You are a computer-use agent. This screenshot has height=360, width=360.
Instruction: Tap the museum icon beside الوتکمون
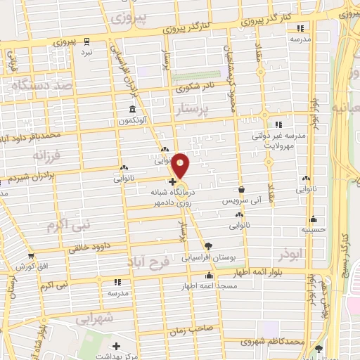click(x=133, y=109)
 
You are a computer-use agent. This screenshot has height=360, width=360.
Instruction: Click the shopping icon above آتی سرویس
click(x=242, y=189)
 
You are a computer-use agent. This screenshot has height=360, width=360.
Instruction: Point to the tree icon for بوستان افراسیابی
click(x=208, y=245)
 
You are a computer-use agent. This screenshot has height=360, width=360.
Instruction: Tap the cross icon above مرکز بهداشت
click(x=117, y=346)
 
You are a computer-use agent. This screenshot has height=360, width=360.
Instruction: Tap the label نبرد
click(x=85, y=53)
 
